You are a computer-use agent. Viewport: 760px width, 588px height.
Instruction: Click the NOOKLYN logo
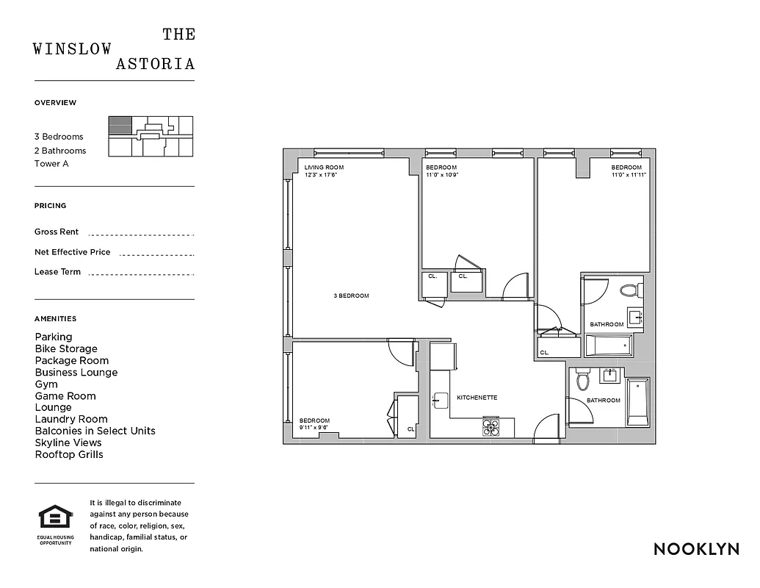click(x=695, y=549)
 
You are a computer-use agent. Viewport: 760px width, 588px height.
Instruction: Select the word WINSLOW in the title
click(x=73, y=49)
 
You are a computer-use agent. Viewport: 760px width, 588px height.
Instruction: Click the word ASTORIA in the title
click(x=156, y=64)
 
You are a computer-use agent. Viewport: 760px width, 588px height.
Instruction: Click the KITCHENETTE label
click(x=477, y=398)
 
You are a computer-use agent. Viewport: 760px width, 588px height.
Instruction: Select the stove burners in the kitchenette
click(x=491, y=427)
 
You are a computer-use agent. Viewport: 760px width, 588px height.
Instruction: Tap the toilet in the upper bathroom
click(x=630, y=290)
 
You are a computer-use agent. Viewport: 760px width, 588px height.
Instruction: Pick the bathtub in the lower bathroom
click(x=637, y=402)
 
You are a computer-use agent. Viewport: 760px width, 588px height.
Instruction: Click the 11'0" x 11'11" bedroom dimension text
click(x=629, y=175)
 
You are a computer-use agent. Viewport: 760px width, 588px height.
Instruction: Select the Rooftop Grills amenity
click(x=69, y=454)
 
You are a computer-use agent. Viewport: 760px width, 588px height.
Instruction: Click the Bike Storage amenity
click(x=66, y=348)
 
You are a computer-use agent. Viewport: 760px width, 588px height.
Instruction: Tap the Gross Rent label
click(x=57, y=232)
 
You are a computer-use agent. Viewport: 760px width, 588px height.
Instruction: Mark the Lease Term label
click(x=57, y=272)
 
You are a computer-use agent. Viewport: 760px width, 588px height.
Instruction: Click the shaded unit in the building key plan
click(x=120, y=125)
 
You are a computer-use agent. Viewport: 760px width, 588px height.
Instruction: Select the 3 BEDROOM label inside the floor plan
click(x=351, y=295)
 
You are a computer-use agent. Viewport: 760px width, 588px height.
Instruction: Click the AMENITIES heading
click(x=55, y=319)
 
